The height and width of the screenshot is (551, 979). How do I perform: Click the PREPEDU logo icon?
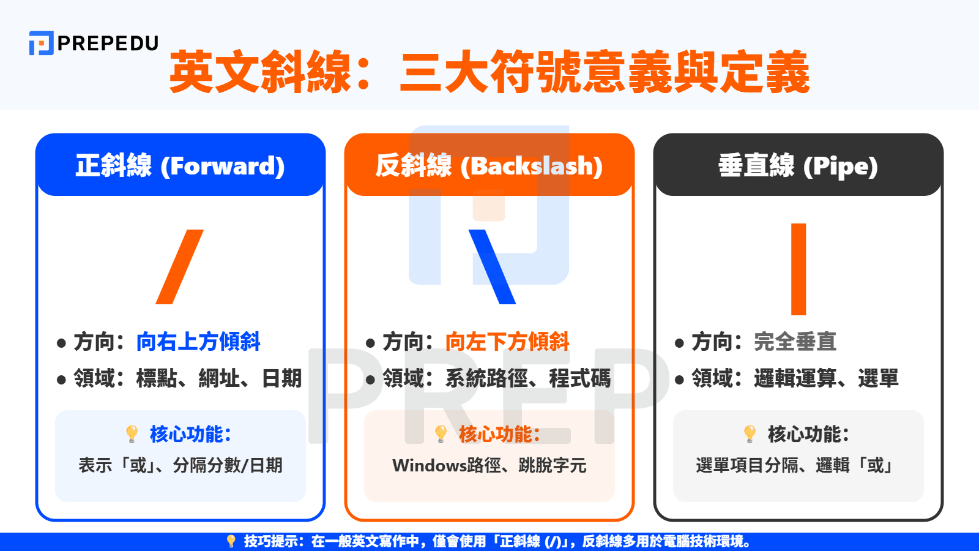point(41,43)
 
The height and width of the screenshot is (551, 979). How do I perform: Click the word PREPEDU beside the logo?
point(108,43)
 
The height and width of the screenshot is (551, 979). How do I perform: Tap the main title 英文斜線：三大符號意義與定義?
point(489,72)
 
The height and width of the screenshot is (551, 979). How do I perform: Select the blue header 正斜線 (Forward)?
point(180,166)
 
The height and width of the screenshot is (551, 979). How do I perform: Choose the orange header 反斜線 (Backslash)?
point(489,166)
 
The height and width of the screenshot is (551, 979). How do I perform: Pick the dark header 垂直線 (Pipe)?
point(798,166)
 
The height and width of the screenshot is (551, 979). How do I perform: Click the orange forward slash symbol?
point(179,267)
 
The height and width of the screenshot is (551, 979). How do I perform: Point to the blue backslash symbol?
point(492,267)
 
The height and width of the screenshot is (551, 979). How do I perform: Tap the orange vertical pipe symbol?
point(798,269)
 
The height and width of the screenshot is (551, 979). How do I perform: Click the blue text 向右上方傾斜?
point(198,342)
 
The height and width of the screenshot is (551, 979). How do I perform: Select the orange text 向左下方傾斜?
point(507,342)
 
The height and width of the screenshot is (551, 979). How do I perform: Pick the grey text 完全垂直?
point(795,342)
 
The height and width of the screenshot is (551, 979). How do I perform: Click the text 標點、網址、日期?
point(219,378)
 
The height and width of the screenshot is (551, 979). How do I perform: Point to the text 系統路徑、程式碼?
point(527,378)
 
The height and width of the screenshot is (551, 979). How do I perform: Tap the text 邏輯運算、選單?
point(826,378)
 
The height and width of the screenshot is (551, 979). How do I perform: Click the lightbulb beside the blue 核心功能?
point(132,434)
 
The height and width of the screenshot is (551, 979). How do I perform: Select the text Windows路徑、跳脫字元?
point(489,466)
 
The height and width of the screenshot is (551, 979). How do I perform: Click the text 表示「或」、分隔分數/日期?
point(180,466)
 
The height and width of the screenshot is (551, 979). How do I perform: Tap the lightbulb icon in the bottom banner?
point(231,541)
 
